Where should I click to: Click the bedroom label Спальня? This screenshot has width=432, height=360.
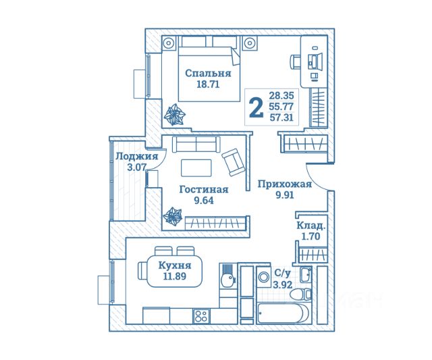[208, 74]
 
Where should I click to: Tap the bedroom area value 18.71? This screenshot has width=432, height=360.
[208, 84]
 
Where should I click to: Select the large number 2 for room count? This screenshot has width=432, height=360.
[255, 108]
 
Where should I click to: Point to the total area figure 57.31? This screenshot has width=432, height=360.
[281, 118]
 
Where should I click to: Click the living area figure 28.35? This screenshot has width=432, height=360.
[281, 96]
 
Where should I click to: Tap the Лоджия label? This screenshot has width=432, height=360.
[137, 156]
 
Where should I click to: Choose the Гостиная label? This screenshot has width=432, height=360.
[204, 190]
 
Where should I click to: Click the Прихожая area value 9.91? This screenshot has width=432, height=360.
[285, 195]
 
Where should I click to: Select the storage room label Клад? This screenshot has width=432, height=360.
[310, 226]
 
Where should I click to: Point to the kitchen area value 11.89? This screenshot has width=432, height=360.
[175, 276]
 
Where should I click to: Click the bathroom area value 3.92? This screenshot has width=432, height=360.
[282, 284]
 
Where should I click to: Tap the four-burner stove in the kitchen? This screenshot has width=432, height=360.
[201, 316]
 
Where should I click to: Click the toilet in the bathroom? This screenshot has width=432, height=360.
[301, 294]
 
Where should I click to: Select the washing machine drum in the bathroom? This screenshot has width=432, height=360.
[265, 276]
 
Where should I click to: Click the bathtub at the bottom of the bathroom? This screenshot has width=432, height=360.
[283, 313]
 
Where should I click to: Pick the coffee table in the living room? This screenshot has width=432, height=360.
[196, 168]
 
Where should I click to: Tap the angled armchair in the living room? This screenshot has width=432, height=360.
[233, 162]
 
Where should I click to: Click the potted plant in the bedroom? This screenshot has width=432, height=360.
[174, 114]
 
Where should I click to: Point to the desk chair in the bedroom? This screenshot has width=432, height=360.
[295, 61]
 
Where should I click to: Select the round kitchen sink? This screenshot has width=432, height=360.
[227, 280]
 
